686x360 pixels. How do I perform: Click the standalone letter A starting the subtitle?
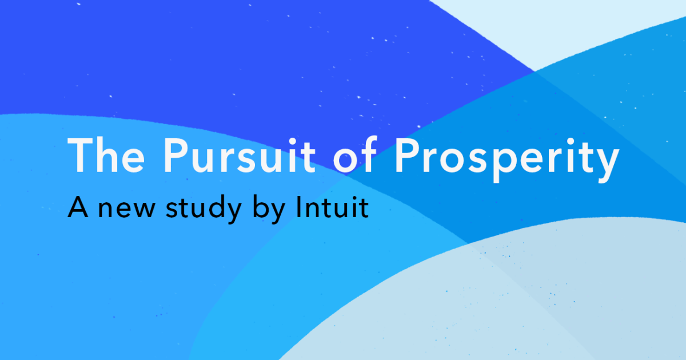pos(78,208)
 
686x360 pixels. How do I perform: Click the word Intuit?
pos(333,208)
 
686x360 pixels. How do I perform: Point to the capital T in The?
pos(80,155)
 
